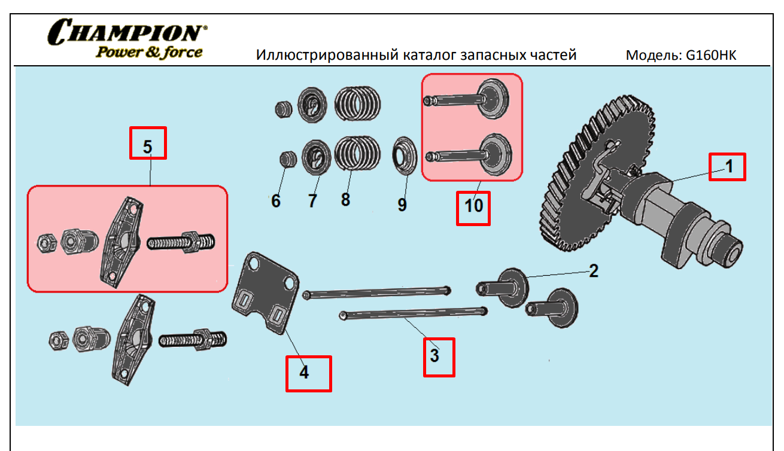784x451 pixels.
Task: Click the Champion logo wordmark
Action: click(127, 32)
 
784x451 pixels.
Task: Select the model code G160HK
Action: click(711, 55)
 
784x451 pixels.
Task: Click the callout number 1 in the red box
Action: click(729, 166)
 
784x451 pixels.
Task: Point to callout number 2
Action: click(594, 271)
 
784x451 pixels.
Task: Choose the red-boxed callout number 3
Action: click(434, 355)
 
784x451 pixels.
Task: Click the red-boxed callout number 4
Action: click(304, 372)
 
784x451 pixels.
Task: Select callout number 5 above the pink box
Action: click(148, 147)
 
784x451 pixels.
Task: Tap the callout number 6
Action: click(276, 201)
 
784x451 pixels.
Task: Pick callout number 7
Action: click(312, 201)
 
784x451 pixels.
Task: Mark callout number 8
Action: click(345, 200)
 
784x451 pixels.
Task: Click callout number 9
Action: click(402, 205)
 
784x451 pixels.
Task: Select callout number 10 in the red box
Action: click(473, 206)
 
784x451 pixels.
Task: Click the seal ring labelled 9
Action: click(405, 156)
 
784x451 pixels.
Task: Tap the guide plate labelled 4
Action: click(266, 293)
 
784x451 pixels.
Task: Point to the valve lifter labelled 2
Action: click(503, 288)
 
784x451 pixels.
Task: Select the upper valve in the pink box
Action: click(467, 99)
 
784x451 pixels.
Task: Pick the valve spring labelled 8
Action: click(357, 154)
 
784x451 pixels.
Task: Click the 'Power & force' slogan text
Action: click(149, 53)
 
